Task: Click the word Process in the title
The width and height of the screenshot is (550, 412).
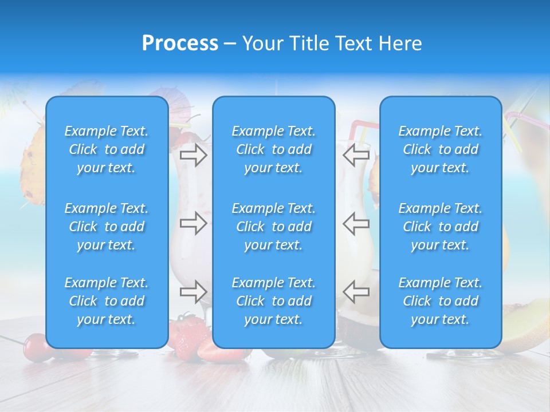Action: coord(180,43)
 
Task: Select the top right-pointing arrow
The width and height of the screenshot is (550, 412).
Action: coord(193,155)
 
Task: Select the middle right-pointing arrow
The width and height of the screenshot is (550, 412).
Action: coord(193,223)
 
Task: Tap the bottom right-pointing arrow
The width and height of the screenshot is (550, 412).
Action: coord(193,292)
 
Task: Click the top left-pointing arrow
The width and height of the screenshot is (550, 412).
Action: coord(356,155)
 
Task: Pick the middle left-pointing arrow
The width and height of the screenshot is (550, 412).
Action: coord(356,223)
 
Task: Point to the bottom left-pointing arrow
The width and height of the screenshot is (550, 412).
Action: coord(356,292)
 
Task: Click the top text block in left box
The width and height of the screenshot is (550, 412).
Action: coord(107,149)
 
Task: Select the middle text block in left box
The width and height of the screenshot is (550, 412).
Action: coord(107,227)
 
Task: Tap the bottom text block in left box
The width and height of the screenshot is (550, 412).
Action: coord(107,301)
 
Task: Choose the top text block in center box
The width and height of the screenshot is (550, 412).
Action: coord(273,149)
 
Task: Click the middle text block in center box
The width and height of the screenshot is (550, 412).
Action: coord(273,227)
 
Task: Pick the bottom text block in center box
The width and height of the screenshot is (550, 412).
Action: coord(273,301)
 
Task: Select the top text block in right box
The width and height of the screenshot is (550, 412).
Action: coord(440,149)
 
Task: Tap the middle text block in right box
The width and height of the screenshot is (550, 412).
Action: coord(440,227)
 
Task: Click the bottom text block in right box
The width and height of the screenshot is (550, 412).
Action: coord(440,301)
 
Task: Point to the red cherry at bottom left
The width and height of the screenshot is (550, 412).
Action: coord(36,345)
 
